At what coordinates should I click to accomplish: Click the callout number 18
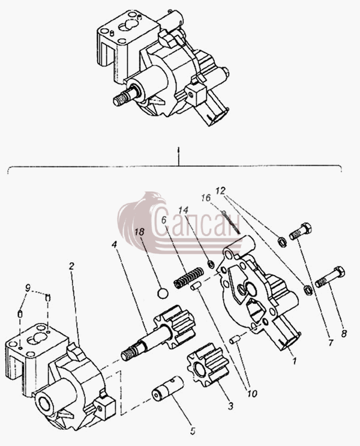139,232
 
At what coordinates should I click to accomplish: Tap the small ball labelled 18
163,294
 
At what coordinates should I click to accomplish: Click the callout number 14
183,210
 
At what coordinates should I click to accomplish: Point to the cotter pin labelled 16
232,222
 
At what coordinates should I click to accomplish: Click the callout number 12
220,190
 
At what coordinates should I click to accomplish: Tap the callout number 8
344,333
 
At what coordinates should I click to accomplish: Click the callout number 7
331,343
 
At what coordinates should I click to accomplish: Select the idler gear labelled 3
208,364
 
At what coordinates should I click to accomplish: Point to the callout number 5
193,431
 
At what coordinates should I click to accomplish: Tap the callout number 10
252,393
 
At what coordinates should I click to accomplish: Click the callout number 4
115,244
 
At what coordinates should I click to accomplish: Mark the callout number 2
71,266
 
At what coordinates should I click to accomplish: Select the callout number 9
27,288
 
